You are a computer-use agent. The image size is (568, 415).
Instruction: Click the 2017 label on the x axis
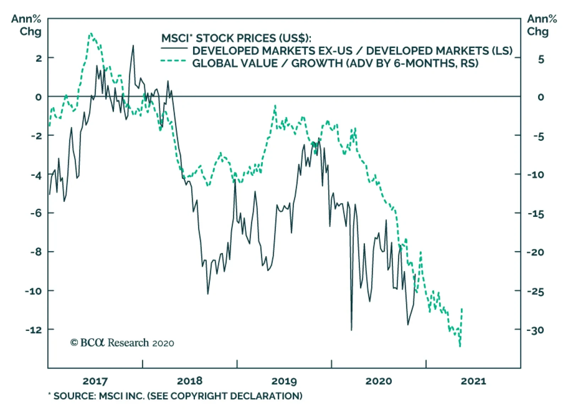tap(95, 381)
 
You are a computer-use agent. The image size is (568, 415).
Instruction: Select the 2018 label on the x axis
tap(190, 381)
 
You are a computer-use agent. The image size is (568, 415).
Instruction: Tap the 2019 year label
tap(284, 381)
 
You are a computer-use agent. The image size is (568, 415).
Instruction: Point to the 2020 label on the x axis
tap(378, 381)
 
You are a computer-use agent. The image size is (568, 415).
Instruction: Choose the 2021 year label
tap(473, 381)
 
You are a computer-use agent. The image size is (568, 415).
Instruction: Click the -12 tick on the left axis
tap(33, 330)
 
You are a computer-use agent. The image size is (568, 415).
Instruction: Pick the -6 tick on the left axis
tap(36, 213)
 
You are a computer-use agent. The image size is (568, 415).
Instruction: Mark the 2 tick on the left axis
tap(39, 58)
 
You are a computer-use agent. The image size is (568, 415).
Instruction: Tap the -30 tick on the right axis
tap(535, 330)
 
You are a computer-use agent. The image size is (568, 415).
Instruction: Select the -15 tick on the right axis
tap(535, 214)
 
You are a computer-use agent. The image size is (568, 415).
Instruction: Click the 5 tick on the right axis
tap(541, 59)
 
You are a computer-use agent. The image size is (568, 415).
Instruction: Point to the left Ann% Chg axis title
tap(26, 25)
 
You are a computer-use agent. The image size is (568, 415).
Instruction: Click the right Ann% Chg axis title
tap(542, 25)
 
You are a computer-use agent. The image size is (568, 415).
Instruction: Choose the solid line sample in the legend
tap(174, 48)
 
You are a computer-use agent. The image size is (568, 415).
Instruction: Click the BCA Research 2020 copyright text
tap(122, 343)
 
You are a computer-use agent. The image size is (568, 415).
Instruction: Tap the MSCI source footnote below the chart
tap(175, 396)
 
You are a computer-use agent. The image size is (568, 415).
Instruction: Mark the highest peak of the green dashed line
tap(91, 33)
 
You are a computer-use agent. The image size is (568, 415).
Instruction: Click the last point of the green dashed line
tap(462, 309)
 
